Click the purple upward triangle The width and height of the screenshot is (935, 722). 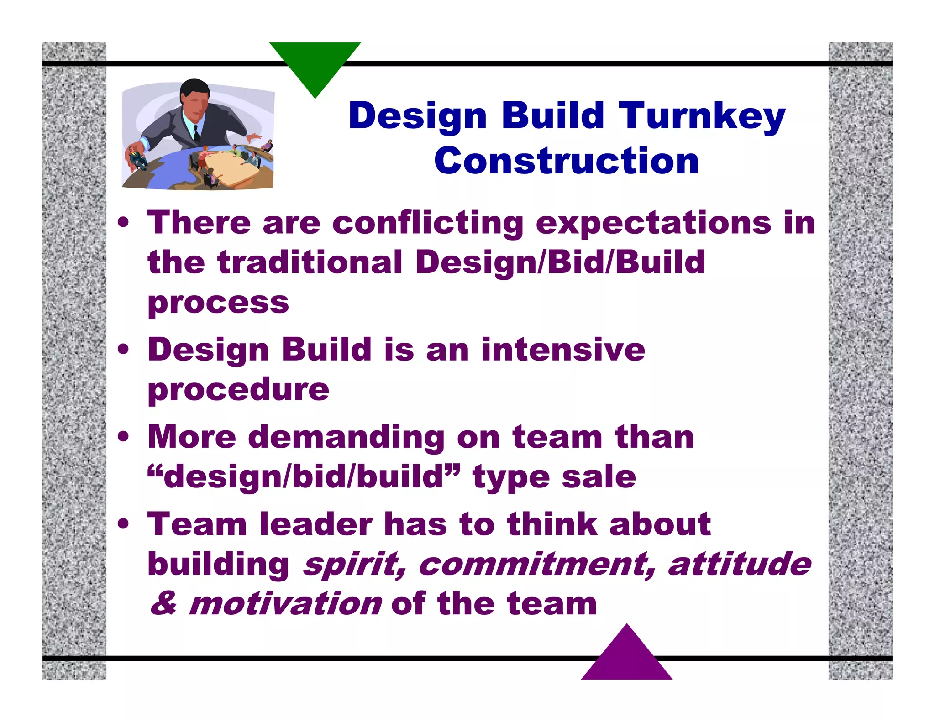pos(627,657)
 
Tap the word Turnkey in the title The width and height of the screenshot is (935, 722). pos(702,116)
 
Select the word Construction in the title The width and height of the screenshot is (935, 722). pos(566,161)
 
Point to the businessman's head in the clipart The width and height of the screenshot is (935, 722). pos(195,98)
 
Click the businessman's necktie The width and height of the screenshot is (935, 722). pos(196,132)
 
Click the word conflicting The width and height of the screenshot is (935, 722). pos(428,224)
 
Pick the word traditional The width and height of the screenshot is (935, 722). pos(310,262)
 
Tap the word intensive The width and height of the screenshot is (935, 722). pos(563,350)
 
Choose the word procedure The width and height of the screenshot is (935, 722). pos(238,390)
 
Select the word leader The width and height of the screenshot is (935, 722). pos(316,524)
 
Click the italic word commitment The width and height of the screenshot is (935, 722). pos(537,565)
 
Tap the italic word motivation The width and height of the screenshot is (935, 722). pos(285,604)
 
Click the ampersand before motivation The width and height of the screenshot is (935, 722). pos(164,603)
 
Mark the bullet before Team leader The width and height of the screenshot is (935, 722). pos(123,524)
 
